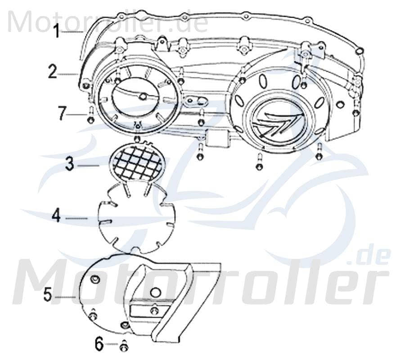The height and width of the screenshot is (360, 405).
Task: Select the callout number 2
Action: [53, 72]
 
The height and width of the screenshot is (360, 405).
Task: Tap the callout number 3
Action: [69, 164]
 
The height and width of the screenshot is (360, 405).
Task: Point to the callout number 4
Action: [56, 216]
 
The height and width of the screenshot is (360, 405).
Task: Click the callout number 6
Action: [99, 345]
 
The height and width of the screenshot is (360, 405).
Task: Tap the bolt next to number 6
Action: [124, 346]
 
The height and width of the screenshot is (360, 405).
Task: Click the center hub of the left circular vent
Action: [143, 96]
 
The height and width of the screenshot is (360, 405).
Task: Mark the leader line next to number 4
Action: [76, 218]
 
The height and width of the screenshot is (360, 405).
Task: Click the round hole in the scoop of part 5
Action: [155, 292]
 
